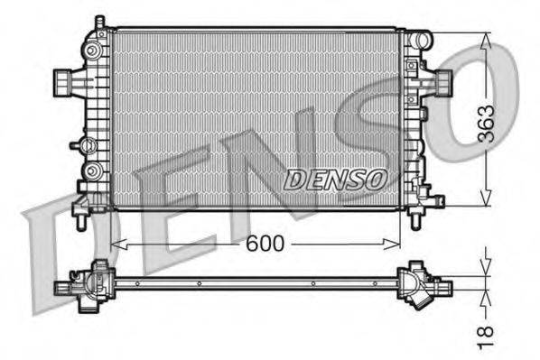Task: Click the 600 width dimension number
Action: [x=264, y=244]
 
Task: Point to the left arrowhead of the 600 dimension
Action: [x=116, y=243]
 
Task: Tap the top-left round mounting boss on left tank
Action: [x=94, y=46]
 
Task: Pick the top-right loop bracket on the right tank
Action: [x=421, y=40]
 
